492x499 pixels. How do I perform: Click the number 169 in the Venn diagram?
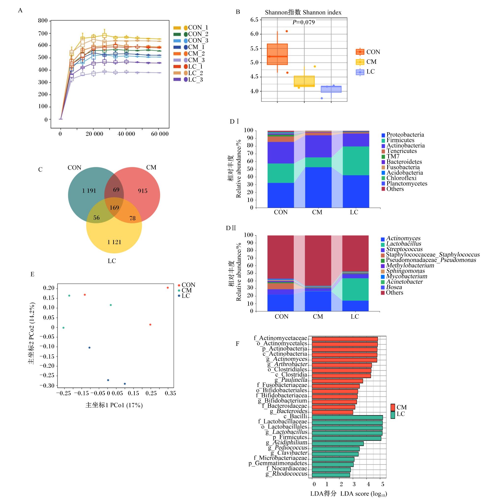[x=114, y=208]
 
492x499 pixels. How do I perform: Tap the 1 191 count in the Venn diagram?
[x=89, y=191]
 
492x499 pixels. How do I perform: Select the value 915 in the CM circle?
[x=142, y=191]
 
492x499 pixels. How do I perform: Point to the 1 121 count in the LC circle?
[x=114, y=242]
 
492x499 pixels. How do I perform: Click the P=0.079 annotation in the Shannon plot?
[x=304, y=22]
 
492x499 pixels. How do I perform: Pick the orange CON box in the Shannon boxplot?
[x=277, y=54]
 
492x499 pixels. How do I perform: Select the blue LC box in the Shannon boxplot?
[x=331, y=89]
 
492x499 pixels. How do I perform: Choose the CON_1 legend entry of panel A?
[x=191, y=28]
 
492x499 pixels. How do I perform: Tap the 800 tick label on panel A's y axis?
[x=43, y=21]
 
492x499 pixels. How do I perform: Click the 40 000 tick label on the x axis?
[x=126, y=134]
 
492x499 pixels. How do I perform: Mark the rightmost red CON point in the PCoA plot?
[x=168, y=288]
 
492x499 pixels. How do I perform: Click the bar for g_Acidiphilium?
[x=338, y=444]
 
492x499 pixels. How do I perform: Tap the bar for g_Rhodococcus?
[x=331, y=475]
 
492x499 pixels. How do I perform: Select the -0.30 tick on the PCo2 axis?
[x=47, y=386]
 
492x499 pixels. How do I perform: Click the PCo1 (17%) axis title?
[x=114, y=405]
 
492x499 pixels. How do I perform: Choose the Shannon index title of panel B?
[x=303, y=12]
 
